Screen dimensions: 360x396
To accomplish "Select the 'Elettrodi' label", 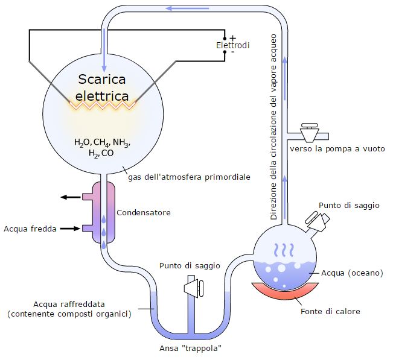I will point(232,46).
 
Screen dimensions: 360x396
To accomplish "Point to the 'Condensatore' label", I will point(143,213).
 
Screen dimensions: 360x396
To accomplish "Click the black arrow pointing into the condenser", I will point(71,229).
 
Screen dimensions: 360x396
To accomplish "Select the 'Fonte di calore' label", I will point(330,312).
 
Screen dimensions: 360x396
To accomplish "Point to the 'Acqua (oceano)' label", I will point(352,273).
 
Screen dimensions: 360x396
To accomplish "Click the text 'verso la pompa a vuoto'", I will point(336,148).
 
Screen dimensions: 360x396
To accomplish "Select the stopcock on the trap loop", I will point(194,286).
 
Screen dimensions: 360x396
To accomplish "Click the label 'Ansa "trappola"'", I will point(192,349).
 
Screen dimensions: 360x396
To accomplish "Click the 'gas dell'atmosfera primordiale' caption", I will point(189,177).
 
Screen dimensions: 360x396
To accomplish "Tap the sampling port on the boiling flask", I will point(317,221).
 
